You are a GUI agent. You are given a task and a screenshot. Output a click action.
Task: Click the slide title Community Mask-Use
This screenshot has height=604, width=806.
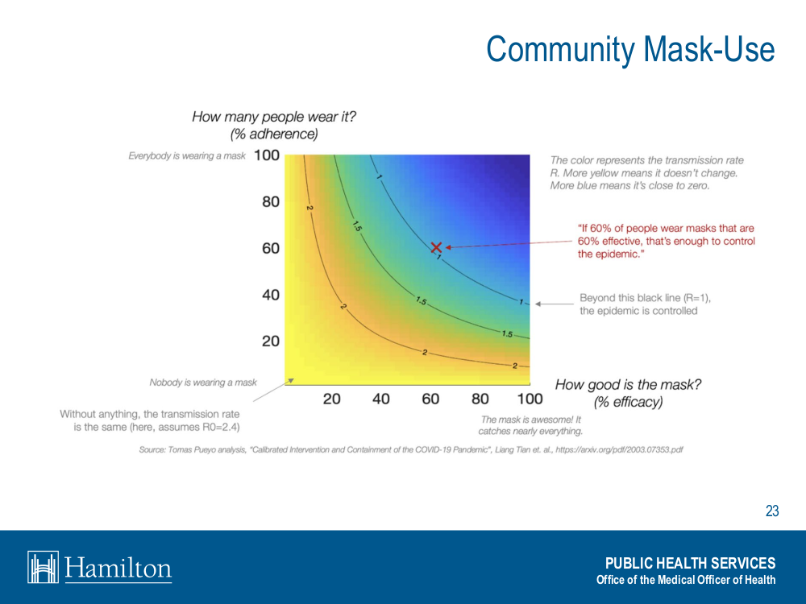(630, 50)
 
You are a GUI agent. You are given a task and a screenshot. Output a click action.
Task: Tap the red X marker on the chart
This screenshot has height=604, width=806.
(436, 247)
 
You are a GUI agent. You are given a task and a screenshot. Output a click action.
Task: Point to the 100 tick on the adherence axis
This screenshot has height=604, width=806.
(266, 155)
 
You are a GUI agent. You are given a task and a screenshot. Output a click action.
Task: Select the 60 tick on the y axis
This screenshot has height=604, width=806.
(271, 248)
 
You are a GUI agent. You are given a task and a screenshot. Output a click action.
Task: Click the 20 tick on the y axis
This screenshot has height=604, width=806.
(271, 341)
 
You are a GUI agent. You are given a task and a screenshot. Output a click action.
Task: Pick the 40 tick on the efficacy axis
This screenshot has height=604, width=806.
(381, 399)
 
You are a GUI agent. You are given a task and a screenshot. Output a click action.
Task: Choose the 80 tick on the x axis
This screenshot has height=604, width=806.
(480, 399)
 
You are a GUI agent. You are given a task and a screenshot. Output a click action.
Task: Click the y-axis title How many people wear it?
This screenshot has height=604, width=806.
(274, 117)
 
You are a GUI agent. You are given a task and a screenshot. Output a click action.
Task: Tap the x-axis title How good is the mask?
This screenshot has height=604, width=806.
(628, 385)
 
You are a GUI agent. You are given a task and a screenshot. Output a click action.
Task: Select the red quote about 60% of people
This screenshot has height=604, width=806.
(666, 241)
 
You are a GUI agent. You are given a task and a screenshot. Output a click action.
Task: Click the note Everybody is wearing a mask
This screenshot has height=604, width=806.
(186, 155)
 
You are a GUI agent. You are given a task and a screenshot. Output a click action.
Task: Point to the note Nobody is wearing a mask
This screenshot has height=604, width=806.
(203, 383)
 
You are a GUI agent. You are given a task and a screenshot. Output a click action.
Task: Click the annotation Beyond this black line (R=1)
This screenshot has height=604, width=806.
(645, 304)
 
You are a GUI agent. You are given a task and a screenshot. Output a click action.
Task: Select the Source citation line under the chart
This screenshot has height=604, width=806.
(411, 449)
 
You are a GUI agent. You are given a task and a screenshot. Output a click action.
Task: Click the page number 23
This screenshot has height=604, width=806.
(772, 511)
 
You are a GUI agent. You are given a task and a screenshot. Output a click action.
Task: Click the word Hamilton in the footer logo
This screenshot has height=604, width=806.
(118, 568)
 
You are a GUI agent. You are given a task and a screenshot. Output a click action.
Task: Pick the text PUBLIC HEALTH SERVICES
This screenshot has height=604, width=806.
(690, 563)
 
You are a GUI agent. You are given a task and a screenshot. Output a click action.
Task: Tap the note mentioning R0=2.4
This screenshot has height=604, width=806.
(150, 420)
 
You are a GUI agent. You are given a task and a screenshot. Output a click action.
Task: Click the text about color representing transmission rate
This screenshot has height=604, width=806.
(646, 172)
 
